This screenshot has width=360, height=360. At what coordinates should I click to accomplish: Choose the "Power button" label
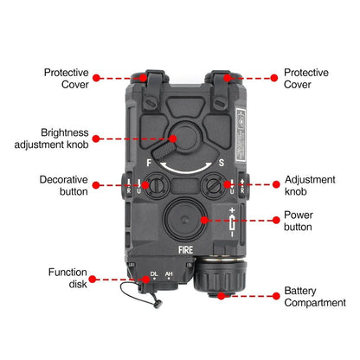[x=304, y=221]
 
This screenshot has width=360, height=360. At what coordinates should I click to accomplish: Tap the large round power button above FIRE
[x=180, y=217]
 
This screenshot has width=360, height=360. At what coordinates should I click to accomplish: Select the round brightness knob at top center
[x=180, y=138]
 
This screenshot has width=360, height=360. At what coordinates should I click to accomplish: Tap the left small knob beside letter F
[x=157, y=183]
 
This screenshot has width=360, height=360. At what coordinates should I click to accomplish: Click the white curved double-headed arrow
[x=181, y=164]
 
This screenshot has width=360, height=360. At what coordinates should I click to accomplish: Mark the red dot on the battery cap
[x=221, y=295]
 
